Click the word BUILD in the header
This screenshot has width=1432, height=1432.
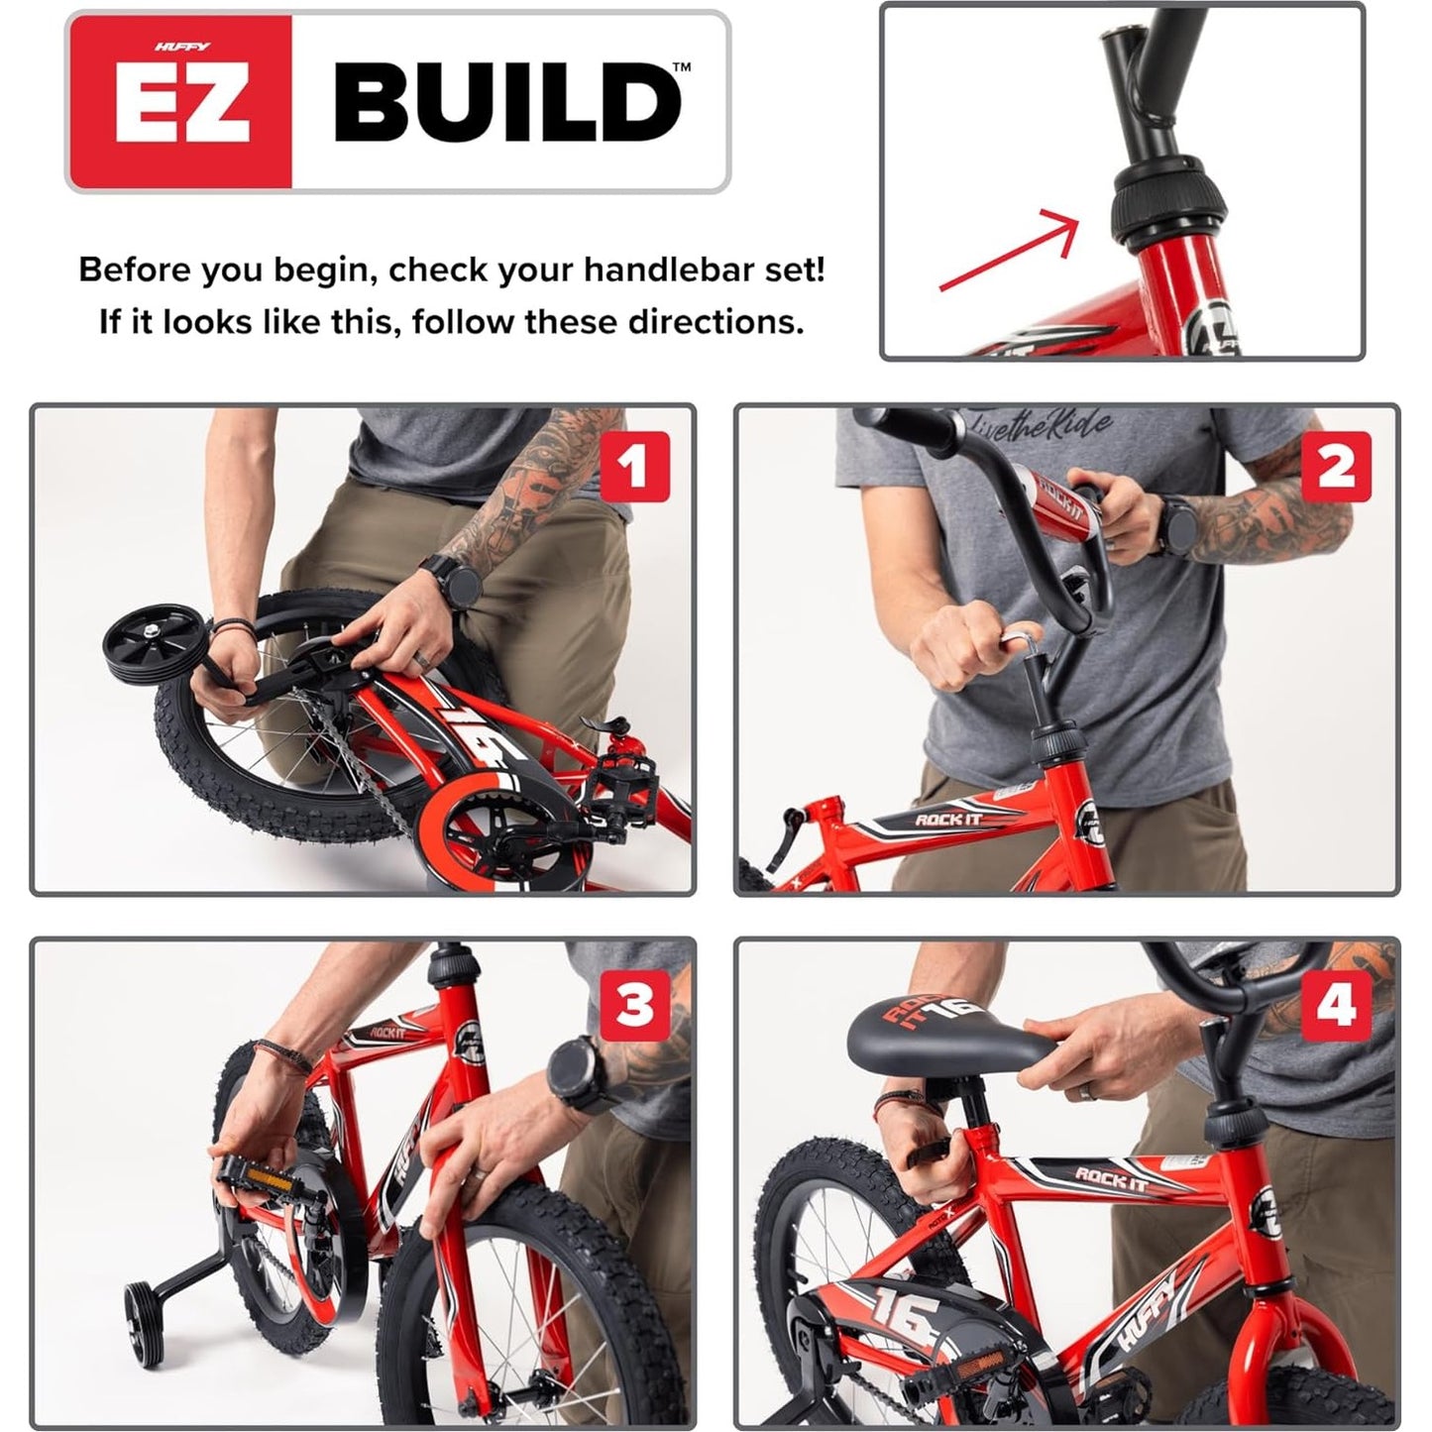pyautogui.click(x=507, y=102)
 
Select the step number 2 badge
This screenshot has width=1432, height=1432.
pyautogui.click(x=1336, y=467)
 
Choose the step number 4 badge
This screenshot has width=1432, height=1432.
pyautogui.click(x=1336, y=1004)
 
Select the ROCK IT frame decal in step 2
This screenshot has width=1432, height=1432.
pyautogui.click(x=946, y=820)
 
